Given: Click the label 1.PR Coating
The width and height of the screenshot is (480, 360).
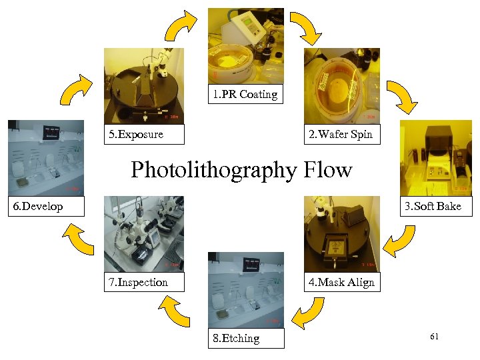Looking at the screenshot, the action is pyautogui.click(x=245, y=95).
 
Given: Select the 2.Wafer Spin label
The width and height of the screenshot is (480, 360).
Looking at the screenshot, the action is pyautogui.click(x=341, y=135).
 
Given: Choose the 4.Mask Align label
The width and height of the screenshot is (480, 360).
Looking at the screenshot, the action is pyautogui.click(x=341, y=282).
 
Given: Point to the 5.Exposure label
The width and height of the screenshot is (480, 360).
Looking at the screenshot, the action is pyautogui.click(x=136, y=135).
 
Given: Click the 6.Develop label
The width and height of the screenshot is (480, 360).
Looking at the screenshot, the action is pyautogui.click(x=39, y=206).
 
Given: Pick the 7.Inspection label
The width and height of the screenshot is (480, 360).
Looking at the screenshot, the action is pyautogui.click(x=139, y=282).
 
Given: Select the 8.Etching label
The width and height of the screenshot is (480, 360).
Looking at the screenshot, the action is pyautogui.click(x=237, y=338).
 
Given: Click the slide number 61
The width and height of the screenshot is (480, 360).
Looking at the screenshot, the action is pyautogui.click(x=434, y=337).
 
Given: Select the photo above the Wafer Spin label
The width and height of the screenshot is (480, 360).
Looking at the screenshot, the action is pyautogui.click(x=341, y=86).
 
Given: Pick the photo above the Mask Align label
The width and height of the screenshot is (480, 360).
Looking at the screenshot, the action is pyautogui.click(x=341, y=233).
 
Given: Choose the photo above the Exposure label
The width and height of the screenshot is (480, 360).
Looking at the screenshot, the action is pyautogui.click(x=143, y=86).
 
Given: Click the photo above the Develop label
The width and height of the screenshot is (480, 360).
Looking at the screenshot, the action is pyautogui.click(x=46, y=157).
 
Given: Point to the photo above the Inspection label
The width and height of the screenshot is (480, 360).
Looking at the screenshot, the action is pyautogui.click(x=143, y=233).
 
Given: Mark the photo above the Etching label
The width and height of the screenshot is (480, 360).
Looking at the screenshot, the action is pyautogui.click(x=245, y=289).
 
